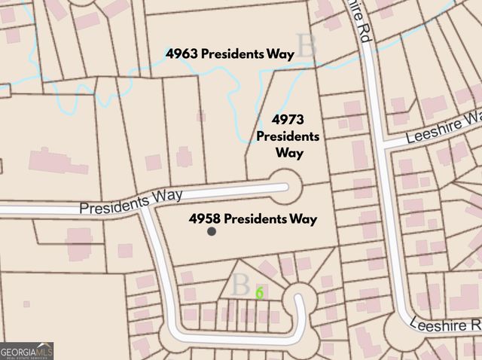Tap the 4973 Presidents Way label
[x=288, y=136]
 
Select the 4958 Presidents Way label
[x=253, y=219]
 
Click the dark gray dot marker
[x=212, y=232]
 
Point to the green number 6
[x=259, y=293]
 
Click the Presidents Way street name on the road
[x=131, y=201]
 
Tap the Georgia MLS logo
[x=27, y=351]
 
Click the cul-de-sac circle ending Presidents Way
[x=286, y=184]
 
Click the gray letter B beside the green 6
[x=240, y=285]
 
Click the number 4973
[x=288, y=121]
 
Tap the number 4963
[x=182, y=54]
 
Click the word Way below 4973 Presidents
[x=289, y=153]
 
